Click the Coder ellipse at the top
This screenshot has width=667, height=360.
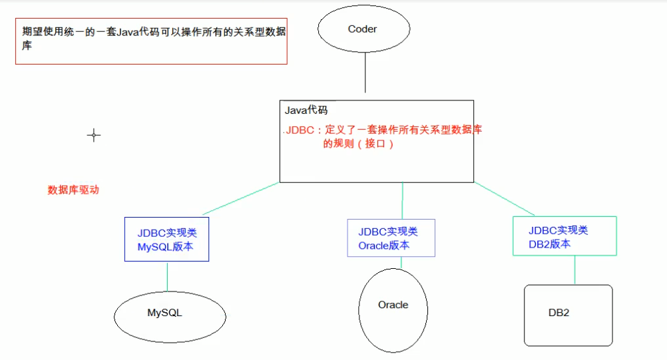click(x=362, y=29)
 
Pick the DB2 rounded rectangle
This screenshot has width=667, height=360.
click(x=568, y=315)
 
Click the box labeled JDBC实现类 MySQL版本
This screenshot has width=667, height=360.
click(x=166, y=239)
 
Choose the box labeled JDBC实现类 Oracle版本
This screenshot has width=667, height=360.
click(x=391, y=238)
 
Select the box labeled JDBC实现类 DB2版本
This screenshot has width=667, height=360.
click(x=564, y=236)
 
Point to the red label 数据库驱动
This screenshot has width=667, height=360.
click(x=73, y=190)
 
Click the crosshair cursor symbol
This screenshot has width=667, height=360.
click(x=94, y=135)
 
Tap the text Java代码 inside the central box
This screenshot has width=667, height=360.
click(x=306, y=110)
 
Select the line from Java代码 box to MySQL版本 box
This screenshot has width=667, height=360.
click(x=242, y=198)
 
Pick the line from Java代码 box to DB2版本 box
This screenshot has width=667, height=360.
click(x=504, y=198)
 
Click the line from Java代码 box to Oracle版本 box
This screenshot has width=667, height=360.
click(x=403, y=200)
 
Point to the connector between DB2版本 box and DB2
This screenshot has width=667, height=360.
click(x=574, y=270)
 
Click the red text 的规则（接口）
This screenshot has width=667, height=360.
click(x=358, y=144)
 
